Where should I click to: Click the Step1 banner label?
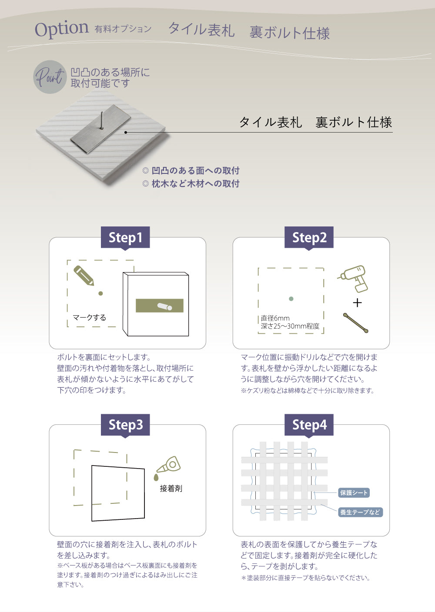coord(125,237)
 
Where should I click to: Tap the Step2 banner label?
coord(309,237)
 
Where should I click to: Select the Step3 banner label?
coord(125,425)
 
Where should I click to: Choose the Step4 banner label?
coord(309,425)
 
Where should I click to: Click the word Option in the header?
coord(61,29)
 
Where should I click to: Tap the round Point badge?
coord(50,77)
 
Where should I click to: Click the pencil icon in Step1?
coord(84,275)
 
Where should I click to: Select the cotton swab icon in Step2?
coord(355,323)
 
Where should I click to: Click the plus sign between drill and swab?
coord(357,303)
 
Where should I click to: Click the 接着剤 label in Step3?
coord(171,489)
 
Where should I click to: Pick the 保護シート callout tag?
coord(354,492)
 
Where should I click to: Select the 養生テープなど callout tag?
coord(360,512)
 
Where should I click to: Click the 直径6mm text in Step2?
coord(275,318)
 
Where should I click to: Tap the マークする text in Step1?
coord(89,317)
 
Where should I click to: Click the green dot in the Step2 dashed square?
coord(291,299)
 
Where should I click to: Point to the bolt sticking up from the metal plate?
coord(102,120)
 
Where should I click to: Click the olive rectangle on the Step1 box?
coord(159,306)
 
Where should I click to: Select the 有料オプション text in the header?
coord(123,29)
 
